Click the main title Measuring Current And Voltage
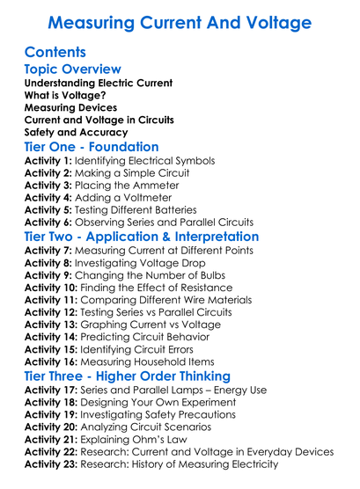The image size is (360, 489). point(180,20)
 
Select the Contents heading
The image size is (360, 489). point(55,52)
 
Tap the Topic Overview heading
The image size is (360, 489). point(72,69)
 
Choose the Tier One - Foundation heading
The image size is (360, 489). point(92,147)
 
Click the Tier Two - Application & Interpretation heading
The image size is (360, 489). point(142,237)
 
